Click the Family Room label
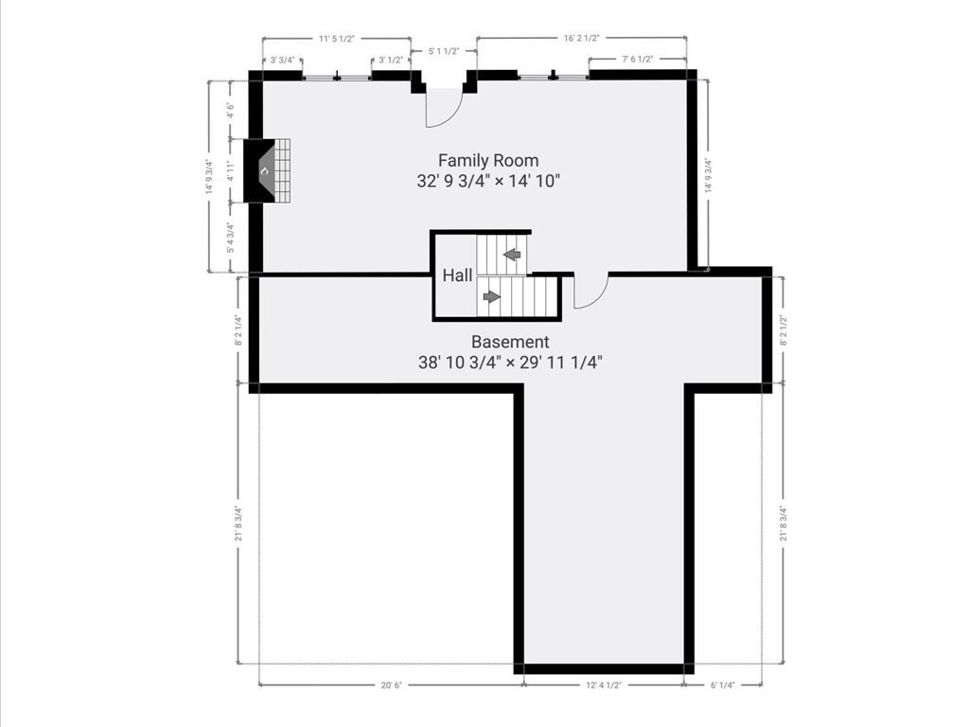pyautogui.click(x=488, y=161)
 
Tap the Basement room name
pyautogui.click(x=510, y=342)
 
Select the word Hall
pyautogui.click(x=458, y=275)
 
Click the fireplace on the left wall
pyautogui.click(x=268, y=170)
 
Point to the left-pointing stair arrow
pyautogui.click(x=512, y=254)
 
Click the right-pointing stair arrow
pyautogui.click(x=491, y=296)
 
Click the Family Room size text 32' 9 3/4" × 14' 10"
pyautogui.click(x=488, y=182)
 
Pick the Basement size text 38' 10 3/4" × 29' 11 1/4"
pyautogui.click(x=510, y=362)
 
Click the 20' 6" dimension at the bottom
pyautogui.click(x=390, y=685)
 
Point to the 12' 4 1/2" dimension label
pyautogui.click(x=604, y=685)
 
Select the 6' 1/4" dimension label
pyautogui.click(x=722, y=685)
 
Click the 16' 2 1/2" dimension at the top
pyautogui.click(x=581, y=39)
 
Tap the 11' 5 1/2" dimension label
pyautogui.click(x=336, y=39)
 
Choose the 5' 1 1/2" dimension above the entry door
pyautogui.click(x=444, y=51)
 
